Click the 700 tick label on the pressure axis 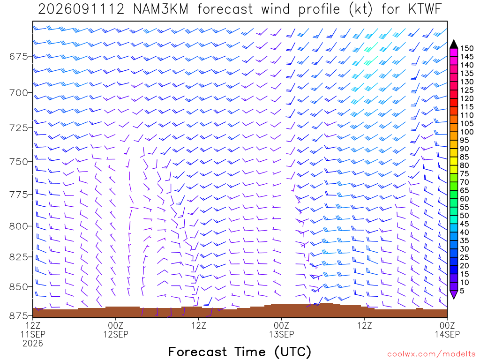18,92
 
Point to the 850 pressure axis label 18,287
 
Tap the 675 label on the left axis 18,57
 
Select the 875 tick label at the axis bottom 18,315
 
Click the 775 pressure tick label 18,195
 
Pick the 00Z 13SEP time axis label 281,330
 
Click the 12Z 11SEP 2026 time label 33,334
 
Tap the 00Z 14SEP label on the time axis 447,330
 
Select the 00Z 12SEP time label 116,330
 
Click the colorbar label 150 466,48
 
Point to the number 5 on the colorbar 462,291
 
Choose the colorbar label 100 466,132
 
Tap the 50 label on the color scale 465,216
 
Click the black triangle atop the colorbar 454,44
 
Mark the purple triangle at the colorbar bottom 454,295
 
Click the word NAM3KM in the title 161,9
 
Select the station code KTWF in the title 425,9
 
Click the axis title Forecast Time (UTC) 240,352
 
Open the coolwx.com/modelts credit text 431,354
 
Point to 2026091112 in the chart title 81,9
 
